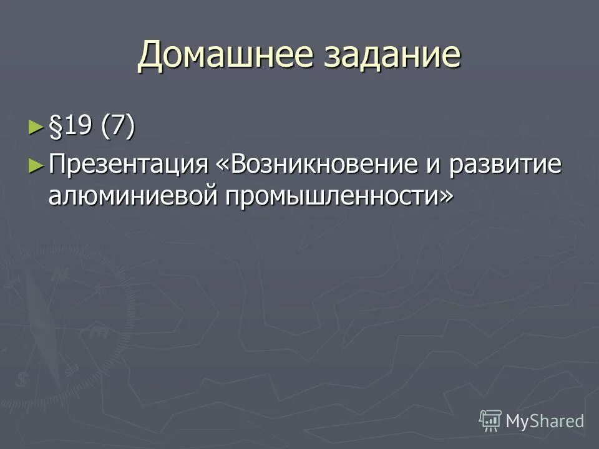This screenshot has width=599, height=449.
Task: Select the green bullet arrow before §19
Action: pos(37,128)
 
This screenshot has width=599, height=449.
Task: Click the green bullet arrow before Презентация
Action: pos(37,165)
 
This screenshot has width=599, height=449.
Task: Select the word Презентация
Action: pos(129,165)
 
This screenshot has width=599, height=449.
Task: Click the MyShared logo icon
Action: pos(490,420)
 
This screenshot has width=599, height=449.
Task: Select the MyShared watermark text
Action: pos(545,421)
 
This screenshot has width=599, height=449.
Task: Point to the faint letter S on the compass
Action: pos(23,379)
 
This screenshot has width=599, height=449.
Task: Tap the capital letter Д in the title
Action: pos(150,57)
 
